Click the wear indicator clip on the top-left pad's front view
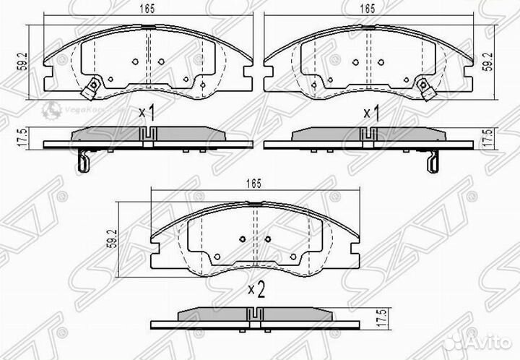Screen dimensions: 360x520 click(91, 91)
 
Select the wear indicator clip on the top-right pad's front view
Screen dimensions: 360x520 click(429, 91)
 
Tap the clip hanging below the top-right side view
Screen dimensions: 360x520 click(433, 160)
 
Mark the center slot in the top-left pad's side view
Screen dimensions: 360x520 click(149, 134)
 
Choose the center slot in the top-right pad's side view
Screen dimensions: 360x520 click(368, 134)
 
